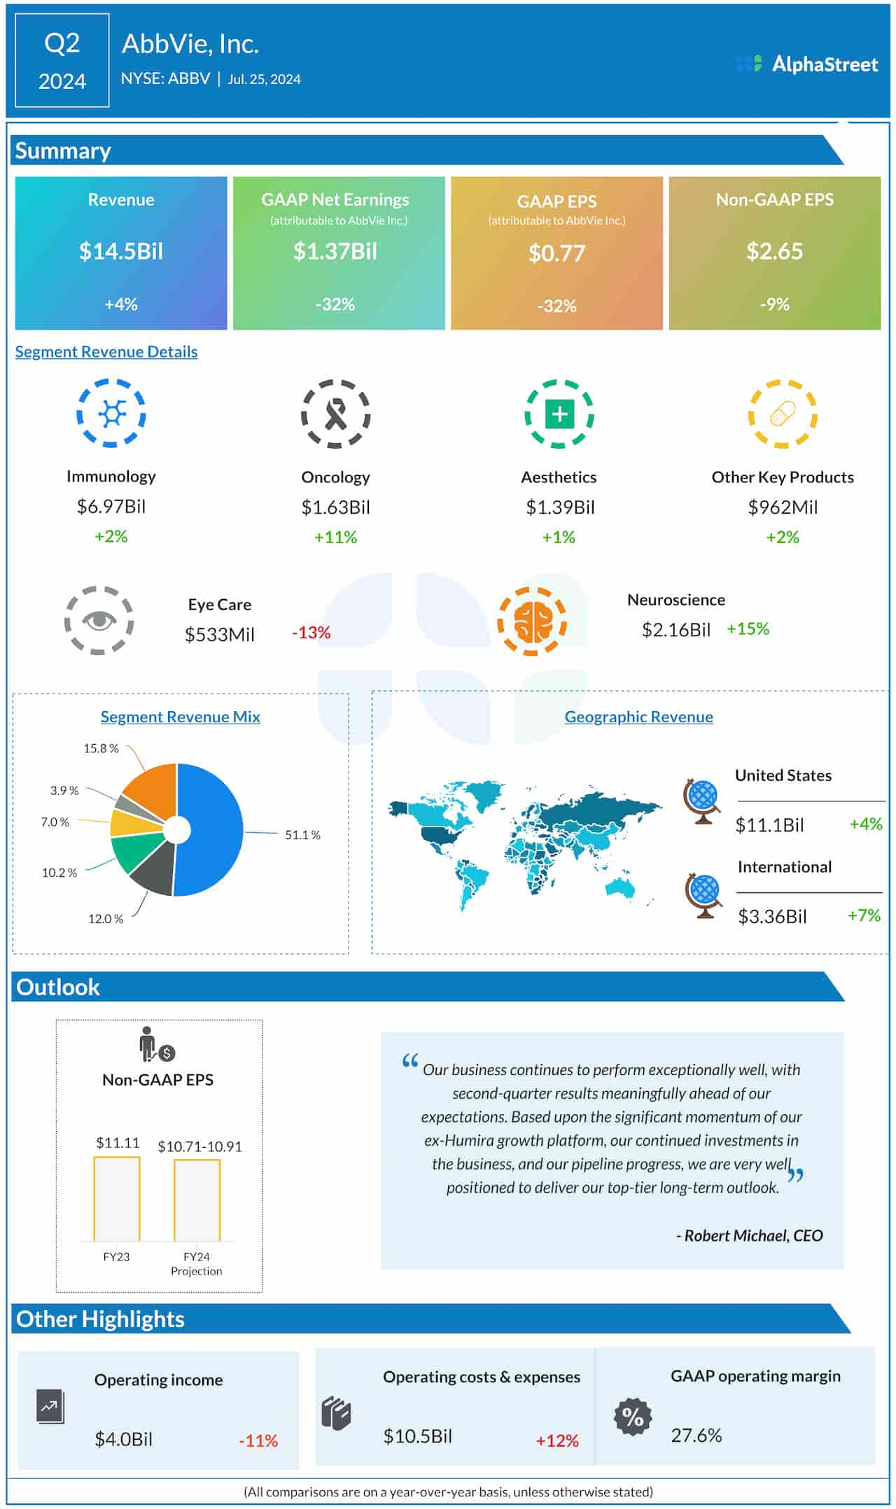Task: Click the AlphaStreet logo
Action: [806, 64]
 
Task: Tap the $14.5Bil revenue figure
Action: [121, 251]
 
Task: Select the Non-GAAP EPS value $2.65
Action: [774, 251]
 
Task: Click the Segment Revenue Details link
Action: [106, 351]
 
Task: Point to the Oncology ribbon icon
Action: [335, 414]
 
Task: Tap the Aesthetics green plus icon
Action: [559, 414]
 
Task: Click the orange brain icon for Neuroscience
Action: [531, 621]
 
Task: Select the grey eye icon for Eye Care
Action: [99, 620]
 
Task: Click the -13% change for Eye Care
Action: [311, 633]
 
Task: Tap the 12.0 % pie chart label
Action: [106, 918]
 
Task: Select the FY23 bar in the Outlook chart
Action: [117, 1199]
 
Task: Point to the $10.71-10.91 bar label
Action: [199, 1146]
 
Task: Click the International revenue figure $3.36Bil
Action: [772, 916]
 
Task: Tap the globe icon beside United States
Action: [701, 801]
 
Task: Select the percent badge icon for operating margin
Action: [632, 1417]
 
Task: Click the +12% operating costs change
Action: [557, 1440]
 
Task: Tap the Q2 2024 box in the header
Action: [62, 61]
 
